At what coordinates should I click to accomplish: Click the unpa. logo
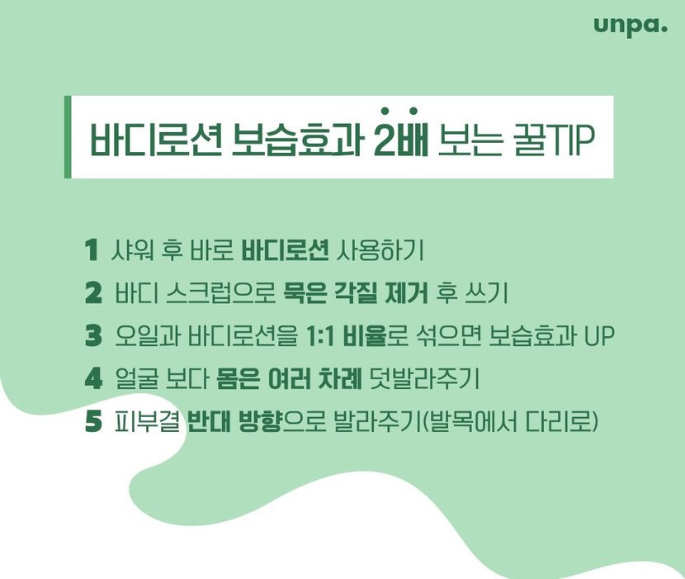pos(631,26)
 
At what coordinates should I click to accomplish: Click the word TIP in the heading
pos(567,140)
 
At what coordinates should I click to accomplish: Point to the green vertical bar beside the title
pos(68,137)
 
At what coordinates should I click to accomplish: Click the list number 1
pos(91,250)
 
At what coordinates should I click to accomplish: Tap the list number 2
pos(93,293)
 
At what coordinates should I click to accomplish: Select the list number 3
pos(93,336)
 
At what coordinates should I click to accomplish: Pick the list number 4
pos(93,378)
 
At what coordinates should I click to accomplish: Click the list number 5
pos(93,421)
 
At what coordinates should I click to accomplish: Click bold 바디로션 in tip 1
pos(285,250)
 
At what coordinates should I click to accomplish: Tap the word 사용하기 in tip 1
pos(380,250)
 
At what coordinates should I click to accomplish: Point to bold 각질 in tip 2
pos(355,293)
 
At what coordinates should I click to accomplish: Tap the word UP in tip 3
pos(599,336)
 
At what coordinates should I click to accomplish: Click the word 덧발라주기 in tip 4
pos(424,379)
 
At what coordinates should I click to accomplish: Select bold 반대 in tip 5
pos(209,421)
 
